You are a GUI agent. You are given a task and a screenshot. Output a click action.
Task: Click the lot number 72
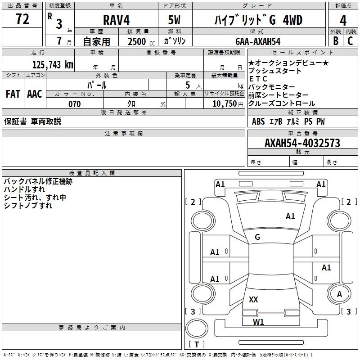22,19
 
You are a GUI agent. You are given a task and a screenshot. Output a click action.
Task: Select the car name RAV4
116,20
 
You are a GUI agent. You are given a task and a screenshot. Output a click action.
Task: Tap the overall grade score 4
343,21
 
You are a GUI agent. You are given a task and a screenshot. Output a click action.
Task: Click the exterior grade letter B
336,41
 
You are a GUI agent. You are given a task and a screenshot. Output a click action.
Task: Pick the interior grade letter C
350,41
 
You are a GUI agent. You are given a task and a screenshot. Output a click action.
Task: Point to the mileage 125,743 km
53,65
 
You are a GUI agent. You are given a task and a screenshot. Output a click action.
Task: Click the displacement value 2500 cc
141,41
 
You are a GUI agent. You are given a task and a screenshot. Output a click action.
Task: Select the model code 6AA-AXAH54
258,41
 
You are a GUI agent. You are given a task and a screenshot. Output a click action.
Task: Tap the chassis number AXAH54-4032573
302,143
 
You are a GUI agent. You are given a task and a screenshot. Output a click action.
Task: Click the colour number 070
75,104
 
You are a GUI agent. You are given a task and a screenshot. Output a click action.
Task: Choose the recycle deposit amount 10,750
225,104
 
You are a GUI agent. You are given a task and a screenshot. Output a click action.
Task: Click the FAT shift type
13,94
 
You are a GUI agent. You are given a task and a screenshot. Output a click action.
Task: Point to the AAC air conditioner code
35,94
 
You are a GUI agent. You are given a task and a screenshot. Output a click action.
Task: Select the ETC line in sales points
258,79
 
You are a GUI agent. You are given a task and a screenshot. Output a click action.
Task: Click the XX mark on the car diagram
253,299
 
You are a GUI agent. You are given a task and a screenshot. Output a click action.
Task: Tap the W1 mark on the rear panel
258,322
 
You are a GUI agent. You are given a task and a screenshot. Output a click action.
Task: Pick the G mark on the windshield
257,237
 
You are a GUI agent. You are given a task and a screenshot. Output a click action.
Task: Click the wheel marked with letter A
339,294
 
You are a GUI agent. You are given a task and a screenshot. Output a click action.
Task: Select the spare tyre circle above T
197,328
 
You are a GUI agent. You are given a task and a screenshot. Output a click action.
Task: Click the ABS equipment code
258,121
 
